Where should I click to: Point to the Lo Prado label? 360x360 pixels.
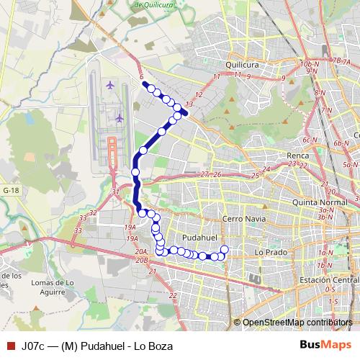tap(271, 253)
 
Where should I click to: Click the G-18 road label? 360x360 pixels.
tap(10, 189)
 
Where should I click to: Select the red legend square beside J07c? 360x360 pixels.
tap(10, 346)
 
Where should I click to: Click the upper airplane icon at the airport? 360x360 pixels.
tap(110, 86)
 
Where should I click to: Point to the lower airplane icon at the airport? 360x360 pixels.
tap(119, 117)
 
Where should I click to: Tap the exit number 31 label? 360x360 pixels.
tap(116, 192)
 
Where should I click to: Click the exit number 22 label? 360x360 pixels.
tap(173, 295)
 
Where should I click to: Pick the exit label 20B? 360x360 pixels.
tap(141, 258)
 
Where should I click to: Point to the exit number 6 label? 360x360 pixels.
tap(142, 76)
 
